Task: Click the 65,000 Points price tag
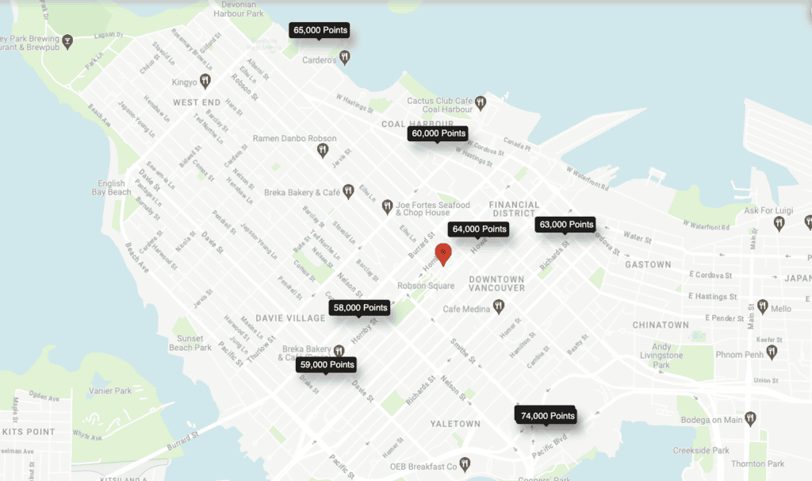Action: coord(320,30)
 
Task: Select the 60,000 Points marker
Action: coord(438,134)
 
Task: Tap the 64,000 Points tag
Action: coord(479,229)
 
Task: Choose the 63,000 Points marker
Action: coord(566,225)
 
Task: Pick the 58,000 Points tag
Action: coord(360,307)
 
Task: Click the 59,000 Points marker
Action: coord(327,365)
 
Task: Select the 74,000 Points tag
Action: coord(546,415)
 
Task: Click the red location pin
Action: coord(445,254)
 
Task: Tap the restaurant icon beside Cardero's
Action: coord(344,57)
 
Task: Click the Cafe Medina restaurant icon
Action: coord(498,306)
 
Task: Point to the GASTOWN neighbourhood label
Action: coord(647,264)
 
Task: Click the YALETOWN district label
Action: coord(455,424)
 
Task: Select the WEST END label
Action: coord(197,102)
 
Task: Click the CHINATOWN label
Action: coord(661,325)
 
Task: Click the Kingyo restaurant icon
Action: coord(205,80)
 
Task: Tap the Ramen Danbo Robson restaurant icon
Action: coord(322,149)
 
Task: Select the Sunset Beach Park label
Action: coord(190,343)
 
